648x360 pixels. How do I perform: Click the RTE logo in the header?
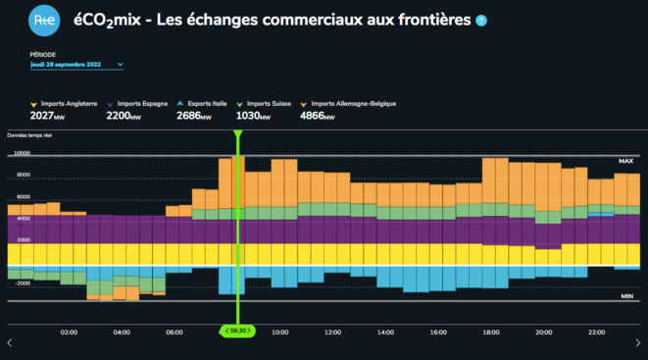point(43,20)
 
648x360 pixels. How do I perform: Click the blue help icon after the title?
point(480,20)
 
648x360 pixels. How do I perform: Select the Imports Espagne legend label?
point(143,103)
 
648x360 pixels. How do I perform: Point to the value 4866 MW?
point(318,116)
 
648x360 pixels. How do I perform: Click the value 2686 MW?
point(194,116)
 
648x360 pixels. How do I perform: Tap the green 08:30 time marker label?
point(236,332)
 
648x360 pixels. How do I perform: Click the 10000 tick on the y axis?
point(21,178)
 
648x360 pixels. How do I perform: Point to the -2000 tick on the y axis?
point(21,283)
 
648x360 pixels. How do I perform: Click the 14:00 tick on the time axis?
point(385,333)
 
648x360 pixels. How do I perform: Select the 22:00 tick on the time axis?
point(597,333)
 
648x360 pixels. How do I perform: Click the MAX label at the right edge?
point(625,160)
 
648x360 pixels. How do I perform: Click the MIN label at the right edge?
point(626,294)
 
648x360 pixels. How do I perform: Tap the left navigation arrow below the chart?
point(10,342)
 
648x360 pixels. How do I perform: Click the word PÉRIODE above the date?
point(43,54)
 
